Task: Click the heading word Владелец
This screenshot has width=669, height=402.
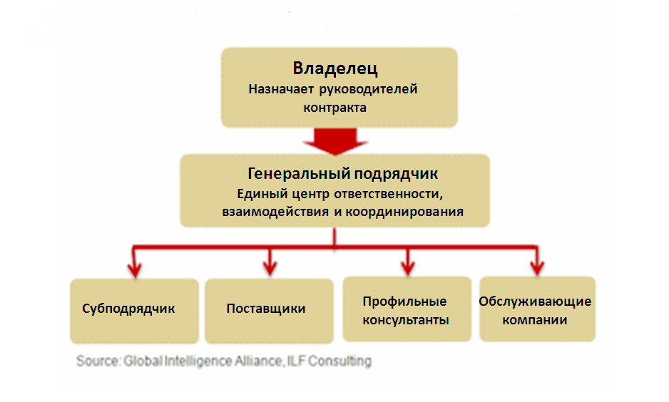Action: (335, 68)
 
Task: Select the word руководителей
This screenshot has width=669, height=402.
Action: (368, 89)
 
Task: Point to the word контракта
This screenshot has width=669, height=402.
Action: (335, 108)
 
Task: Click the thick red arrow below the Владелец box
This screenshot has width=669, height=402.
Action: (335, 141)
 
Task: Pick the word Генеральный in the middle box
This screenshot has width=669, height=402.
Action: (299, 173)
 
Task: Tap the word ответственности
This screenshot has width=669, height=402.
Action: (389, 194)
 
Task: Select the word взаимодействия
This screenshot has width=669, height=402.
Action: (275, 212)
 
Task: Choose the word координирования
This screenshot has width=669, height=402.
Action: (404, 212)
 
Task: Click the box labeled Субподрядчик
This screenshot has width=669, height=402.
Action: (134, 311)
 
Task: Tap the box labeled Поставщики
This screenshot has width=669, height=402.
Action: (269, 311)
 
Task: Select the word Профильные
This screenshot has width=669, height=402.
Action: (404, 301)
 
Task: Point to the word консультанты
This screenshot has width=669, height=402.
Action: (406, 320)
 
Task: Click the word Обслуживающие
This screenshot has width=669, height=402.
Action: (535, 301)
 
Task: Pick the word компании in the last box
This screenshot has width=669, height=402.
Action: (535, 320)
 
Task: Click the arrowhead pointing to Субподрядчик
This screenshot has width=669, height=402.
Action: (134, 269)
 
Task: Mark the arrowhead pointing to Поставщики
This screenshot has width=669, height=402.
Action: (270, 268)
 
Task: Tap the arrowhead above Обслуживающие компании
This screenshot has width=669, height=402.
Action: (537, 268)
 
